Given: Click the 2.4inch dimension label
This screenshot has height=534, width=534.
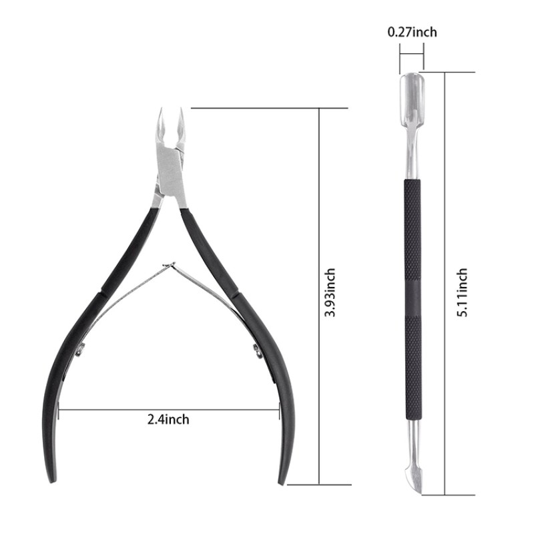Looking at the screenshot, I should point(168,419).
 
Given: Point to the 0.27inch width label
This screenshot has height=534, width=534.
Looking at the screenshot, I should point(412,31).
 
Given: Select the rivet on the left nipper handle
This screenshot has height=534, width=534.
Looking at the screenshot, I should point(81,348).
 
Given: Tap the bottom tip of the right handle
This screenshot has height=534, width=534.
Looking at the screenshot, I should point(284,480).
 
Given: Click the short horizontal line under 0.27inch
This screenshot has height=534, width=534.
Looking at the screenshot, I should point(411,57).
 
